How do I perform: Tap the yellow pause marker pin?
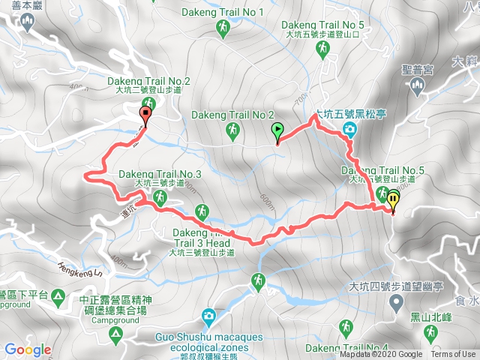tap(392, 201)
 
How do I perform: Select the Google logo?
tap(28, 349)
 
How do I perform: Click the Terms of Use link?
tap(453, 355)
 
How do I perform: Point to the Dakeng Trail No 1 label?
tap(223, 12)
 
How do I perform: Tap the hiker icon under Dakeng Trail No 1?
tap(222, 28)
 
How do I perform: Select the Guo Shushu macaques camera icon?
tap(208, 315)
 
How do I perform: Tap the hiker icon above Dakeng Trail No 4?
tap(346, 328)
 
